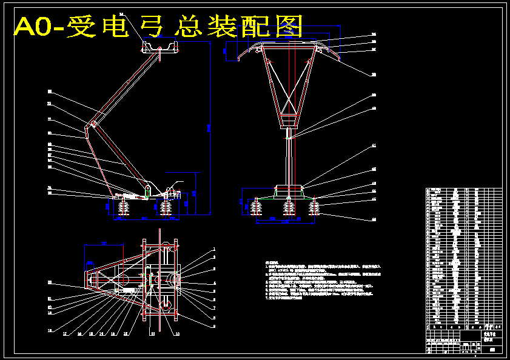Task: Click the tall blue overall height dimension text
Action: click(x=208, y=127)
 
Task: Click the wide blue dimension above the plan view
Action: click(x=104, y=244)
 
